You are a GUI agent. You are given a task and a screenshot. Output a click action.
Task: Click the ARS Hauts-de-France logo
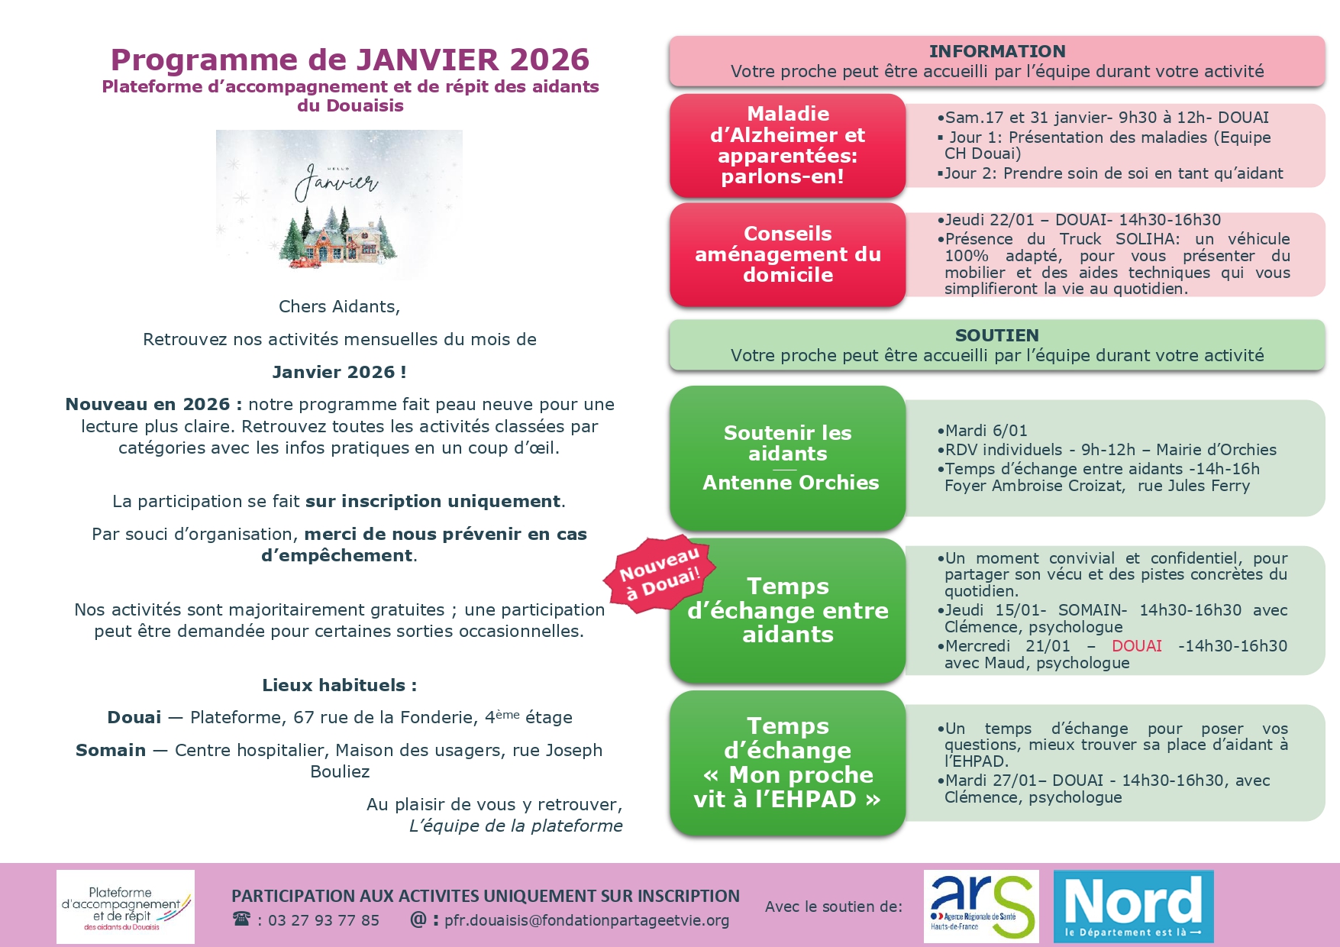(980, 906)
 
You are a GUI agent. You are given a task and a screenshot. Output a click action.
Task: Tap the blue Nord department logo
(1133, 906)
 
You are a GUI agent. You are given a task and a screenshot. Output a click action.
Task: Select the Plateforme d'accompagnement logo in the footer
(125, 907)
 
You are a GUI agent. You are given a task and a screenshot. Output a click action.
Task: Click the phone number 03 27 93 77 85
(323, 920)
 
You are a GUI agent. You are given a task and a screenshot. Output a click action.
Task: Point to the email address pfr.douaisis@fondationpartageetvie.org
(586, 920)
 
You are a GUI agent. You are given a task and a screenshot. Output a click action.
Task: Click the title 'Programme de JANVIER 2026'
(350, 60)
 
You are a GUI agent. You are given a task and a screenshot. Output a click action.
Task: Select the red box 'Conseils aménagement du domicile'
(787, 254)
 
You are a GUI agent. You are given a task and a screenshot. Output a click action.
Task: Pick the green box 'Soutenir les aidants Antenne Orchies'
(787, 457)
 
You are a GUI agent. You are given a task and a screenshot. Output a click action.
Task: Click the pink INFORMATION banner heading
(996, 51)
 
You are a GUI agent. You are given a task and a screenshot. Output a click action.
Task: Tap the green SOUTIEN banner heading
(996, 335)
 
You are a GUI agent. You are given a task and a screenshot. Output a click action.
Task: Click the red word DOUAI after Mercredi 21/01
(1136, 646)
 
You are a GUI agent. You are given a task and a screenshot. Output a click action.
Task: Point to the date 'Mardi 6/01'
(986, 431)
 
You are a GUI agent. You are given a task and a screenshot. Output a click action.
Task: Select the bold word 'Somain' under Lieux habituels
(111, 750)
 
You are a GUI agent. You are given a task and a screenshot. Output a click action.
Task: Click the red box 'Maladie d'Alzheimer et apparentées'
(787, 145)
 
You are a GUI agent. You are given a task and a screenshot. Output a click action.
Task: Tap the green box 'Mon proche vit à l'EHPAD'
(787, 763)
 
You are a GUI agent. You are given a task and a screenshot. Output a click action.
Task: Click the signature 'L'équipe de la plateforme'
(515, 826)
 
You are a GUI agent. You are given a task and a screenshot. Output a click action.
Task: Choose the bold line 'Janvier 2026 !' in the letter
(339, 372)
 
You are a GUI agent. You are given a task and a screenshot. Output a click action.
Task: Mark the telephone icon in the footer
(241, 919)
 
